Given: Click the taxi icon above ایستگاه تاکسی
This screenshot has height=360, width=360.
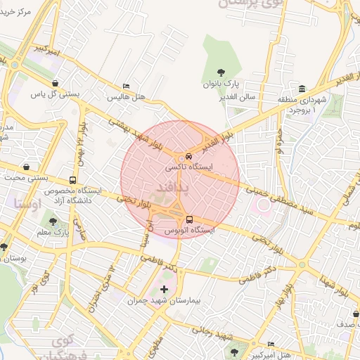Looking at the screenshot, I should click(188, 157).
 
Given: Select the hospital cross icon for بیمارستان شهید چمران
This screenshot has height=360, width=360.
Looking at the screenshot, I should click(165, 289).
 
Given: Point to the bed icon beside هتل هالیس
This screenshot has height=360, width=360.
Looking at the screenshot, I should click(126, 86).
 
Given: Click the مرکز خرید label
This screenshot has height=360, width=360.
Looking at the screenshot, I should click(28, 12).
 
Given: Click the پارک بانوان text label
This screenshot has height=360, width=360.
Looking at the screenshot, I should click(222, 84).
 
